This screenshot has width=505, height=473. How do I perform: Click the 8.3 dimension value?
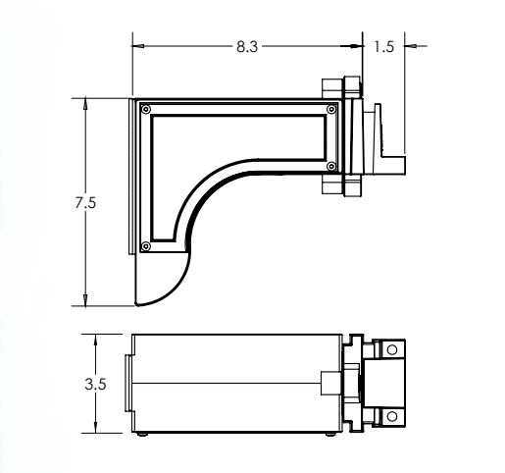coord(247,46)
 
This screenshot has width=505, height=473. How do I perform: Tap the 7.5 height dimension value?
coord(87,203)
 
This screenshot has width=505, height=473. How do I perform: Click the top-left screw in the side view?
coord(146,110)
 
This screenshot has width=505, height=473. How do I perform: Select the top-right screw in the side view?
coord(330,110)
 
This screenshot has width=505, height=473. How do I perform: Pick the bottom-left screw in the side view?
coord(146,245)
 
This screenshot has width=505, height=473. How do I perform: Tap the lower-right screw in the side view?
coord(330,163)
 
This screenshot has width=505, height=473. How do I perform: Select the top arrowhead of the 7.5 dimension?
coord(87,102)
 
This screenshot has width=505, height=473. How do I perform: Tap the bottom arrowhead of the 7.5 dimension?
coord(87,301)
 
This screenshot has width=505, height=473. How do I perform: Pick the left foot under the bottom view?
coord(145,434)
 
